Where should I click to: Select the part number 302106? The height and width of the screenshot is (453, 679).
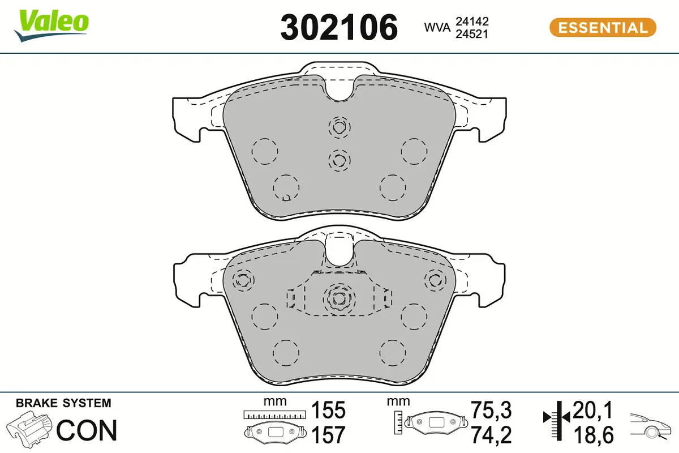pyautogui.click(x=339, y=27)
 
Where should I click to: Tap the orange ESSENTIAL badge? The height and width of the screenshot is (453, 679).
pyautogui.click(x=603, y=27)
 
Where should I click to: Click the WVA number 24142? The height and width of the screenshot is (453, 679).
pyautogui.click(x=472, y=21)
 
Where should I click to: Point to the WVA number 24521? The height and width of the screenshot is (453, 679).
pyautogui.click(x=472, y=33)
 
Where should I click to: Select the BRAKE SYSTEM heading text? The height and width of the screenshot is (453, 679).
pyautogui.click(x=63, y=403)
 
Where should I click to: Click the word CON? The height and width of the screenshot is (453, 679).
pyautogui.click(x=87, y=430)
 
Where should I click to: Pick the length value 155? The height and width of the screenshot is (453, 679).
pyautogui.click(x=328, y=411)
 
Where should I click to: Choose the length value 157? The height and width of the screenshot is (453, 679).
pyautogui.click(x=328, y=435)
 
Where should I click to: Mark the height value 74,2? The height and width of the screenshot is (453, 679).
pyautogui.click(x=491, y=435)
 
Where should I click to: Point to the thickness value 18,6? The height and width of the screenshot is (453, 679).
pyautogui.click(x=592, y=435)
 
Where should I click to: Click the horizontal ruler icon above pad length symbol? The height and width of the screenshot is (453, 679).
pyautogui.click(x=273, y=415)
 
